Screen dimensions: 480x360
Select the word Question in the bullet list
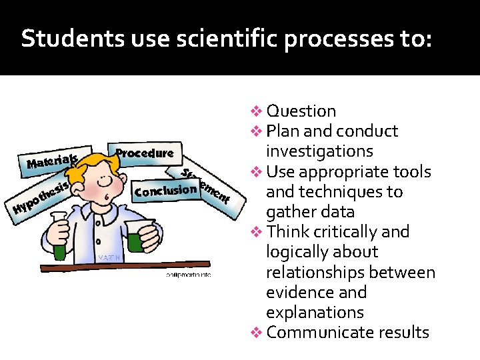point(301,111)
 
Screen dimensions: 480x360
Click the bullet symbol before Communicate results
point(257,333)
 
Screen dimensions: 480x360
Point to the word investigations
point(319,151)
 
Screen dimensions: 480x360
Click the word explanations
point(315,313)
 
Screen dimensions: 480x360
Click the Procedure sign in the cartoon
point(145,153)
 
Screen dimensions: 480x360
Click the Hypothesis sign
point(40,199)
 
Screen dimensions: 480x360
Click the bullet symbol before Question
point(257,111)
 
